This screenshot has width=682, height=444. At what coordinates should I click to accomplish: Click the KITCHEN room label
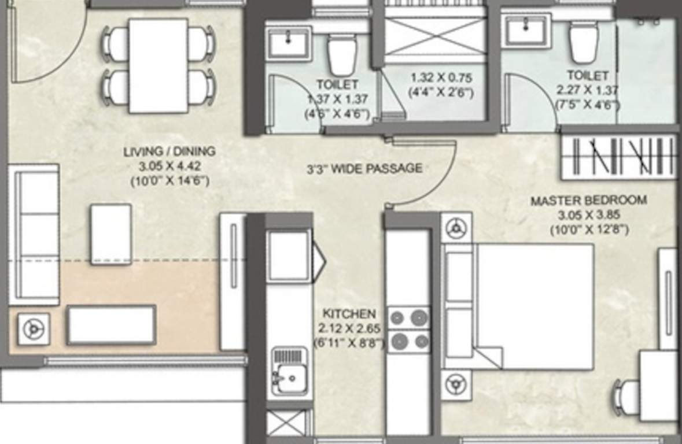(349, 314)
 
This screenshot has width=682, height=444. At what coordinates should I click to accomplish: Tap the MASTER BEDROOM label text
(589, 201)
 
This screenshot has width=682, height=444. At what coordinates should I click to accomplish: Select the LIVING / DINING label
(169, 152)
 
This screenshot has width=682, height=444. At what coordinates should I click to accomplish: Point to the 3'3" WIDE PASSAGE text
(364, 169)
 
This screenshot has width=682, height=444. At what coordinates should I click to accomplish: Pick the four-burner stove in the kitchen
(409, 330)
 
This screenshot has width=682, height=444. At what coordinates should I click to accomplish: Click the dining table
(158, 65)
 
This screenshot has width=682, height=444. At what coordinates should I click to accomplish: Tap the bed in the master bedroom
(532, 306)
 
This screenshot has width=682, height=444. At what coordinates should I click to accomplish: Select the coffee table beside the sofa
(110, 234)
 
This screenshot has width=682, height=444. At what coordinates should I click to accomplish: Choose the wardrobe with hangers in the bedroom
(619, 157)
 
